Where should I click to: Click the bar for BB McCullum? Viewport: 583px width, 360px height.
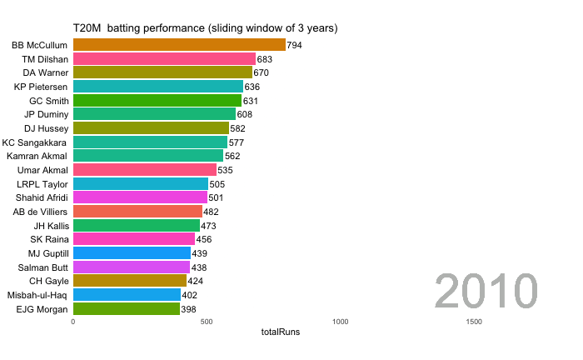[179, 45]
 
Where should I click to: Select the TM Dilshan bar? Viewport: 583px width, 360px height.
[164, 59]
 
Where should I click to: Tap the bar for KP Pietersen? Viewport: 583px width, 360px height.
[158, 87]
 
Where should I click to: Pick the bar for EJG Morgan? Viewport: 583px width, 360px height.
[127, 309]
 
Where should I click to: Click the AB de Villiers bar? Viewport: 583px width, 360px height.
[137, 212]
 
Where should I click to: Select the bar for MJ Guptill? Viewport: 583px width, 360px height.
[132, 253]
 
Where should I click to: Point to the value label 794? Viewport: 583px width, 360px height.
[295, 45]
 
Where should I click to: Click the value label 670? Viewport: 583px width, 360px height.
[262, 72]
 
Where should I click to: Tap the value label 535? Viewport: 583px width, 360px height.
[226, 170]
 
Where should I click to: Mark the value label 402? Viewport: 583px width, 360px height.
[190, 295]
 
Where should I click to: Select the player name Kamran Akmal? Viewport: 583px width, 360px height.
[37, 156]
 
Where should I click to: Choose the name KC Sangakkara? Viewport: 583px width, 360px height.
[35, 142]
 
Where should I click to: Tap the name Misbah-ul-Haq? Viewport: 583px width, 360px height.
[37, 295]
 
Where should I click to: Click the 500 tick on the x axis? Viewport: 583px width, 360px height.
[207, 322]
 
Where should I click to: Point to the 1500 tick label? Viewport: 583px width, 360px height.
[473, 322]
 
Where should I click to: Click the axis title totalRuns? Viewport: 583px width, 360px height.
[281, 332]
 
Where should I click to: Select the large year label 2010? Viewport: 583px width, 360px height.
[487, 292]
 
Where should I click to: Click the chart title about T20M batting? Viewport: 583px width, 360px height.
[205, 28]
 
